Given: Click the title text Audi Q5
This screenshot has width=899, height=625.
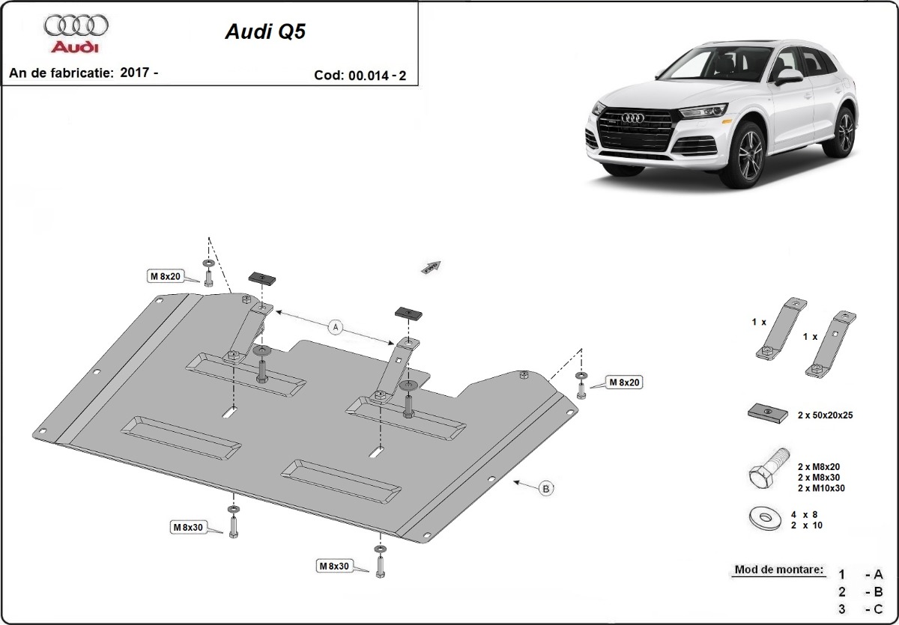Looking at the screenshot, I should (x=265, y=32).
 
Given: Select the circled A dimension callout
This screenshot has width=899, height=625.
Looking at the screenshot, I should (x=336, y=326).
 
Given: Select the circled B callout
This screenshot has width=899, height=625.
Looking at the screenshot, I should (x=546, y=489).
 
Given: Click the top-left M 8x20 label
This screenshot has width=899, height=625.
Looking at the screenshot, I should (x=165, y=277).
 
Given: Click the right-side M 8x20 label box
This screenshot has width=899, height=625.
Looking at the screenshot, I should (x=623, y=382).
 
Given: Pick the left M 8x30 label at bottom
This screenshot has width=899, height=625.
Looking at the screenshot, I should (x=188, y=528).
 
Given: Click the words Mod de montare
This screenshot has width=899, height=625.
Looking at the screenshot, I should (x=778, y=570).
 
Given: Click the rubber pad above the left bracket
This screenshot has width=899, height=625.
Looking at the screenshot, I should (x=262, y=278).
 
